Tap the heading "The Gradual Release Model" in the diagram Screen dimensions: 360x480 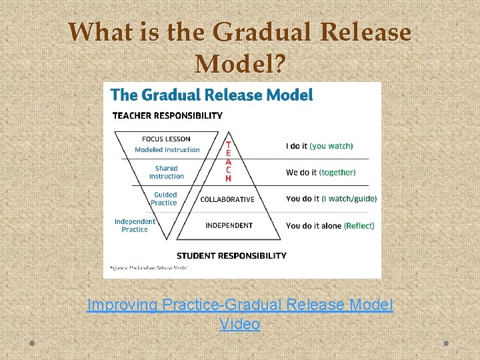tap(211, 95)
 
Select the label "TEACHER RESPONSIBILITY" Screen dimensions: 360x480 tap(167, 116)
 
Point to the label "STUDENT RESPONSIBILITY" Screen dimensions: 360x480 tap(231, 255)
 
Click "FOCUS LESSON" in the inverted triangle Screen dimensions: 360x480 tap(167, 139)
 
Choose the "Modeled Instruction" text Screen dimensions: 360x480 tap(167, 149)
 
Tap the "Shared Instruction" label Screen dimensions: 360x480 tap(166, 172)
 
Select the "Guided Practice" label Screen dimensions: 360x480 tap(165, 199)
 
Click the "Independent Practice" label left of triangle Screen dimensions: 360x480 tap(135, 225)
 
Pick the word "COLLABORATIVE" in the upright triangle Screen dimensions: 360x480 tap(227, 199)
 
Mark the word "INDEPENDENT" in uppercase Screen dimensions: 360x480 tap(229, 225)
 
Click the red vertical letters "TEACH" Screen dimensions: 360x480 tap(228, 161)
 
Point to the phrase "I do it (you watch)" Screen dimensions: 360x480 tap(319, 146)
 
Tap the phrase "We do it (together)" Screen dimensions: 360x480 tap(321, 173)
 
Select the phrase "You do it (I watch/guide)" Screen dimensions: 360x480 tap(331, 199)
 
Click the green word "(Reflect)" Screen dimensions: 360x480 tap(359, 226)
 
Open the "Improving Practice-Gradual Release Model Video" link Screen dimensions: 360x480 tap(240, 314)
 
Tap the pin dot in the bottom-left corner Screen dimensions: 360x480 tap(31, 343)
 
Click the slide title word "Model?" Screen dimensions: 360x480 tap(240, 64)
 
